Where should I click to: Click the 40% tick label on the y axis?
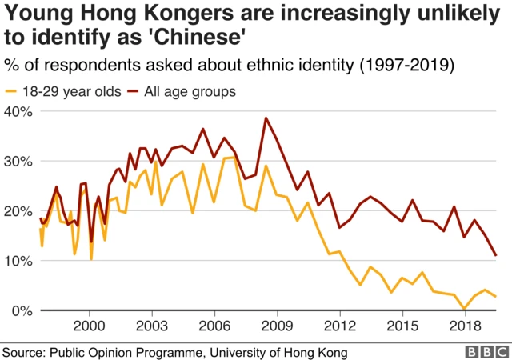pyautogui.click(x=17, y=111)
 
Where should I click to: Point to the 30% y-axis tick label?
pyautogui.click(x=17, y=161)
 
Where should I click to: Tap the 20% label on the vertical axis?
pyautogui.click(x=17, y=211)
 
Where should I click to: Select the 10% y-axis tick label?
pyautogui.click(x=17, y=261)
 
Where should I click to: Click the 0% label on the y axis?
pyautogui.click(x=20, y=310)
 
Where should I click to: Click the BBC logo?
pyautogui.click(x=486, y=351)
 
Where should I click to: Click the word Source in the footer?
pyautogui.click(x=24, y=351)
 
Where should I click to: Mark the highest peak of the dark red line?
pyautogui.click(x=266, y=118)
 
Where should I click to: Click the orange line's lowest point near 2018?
pyautogui.click(x=464, y=309)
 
